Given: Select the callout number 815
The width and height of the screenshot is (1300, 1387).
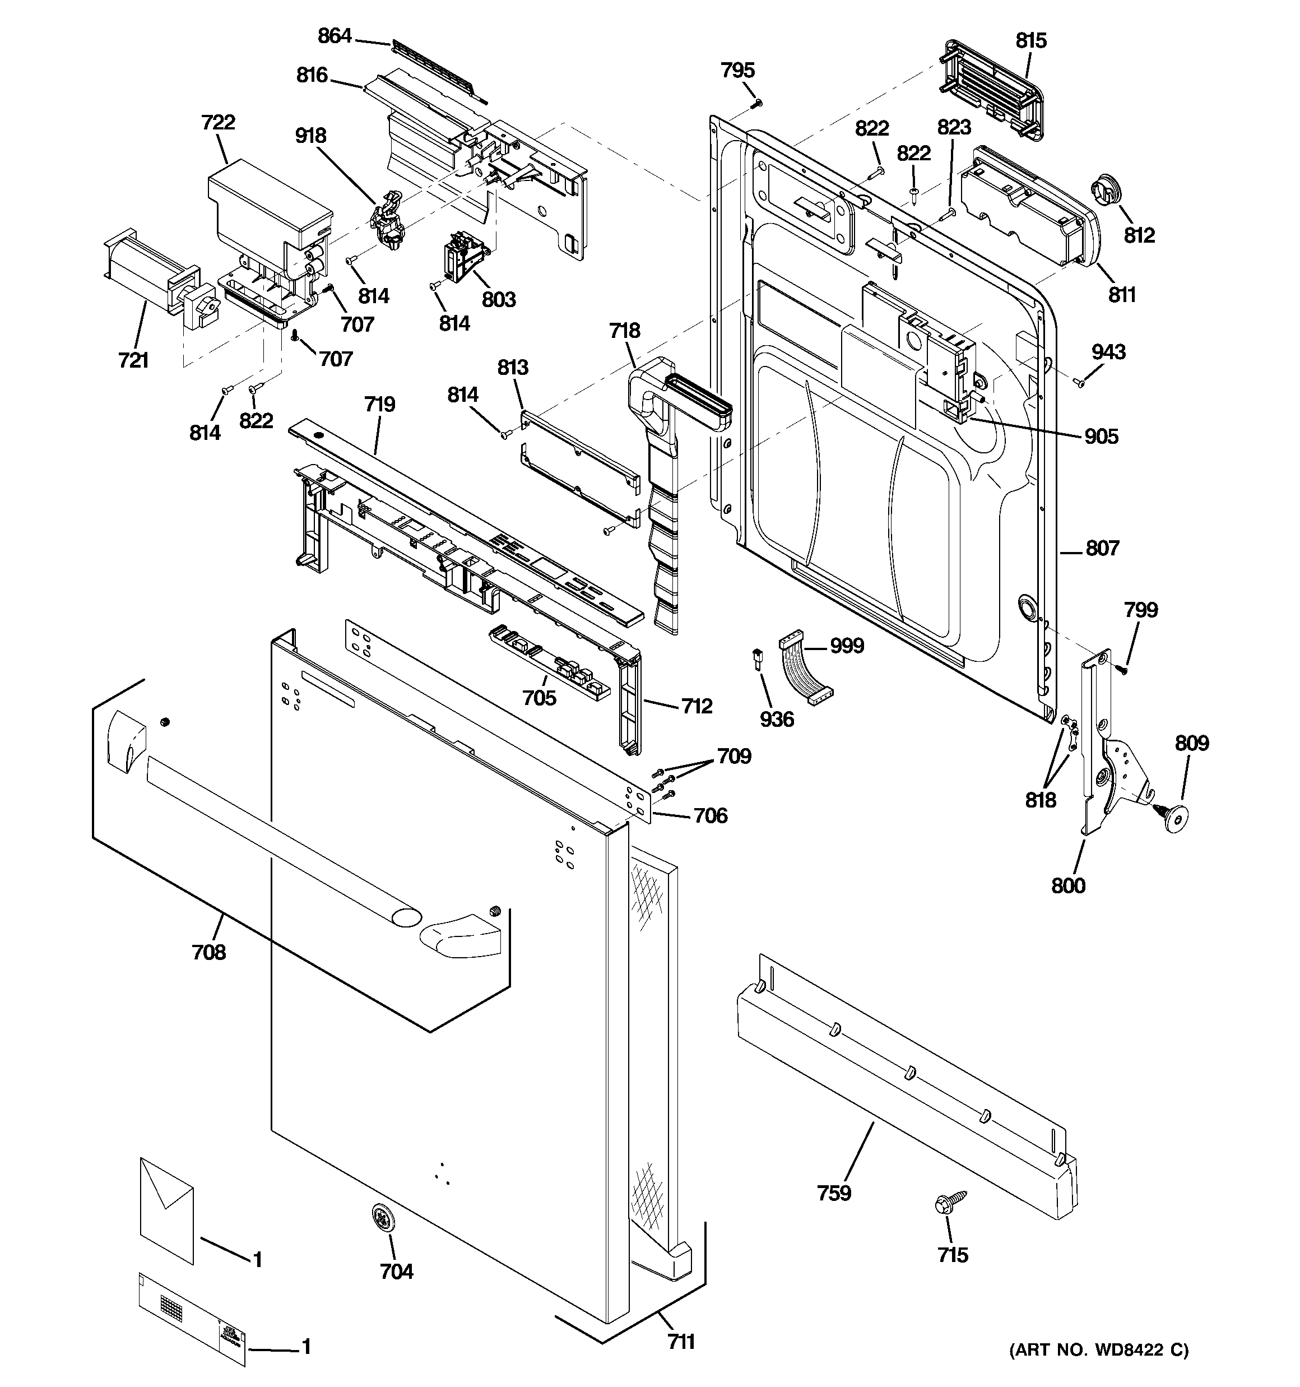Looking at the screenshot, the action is point(1030,40).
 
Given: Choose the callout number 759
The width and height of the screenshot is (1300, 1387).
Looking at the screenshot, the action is point(834,1193).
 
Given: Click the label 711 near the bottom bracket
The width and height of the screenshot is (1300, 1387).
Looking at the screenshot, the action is point(681,1342).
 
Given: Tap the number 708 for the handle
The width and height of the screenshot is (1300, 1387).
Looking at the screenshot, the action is point(208,952).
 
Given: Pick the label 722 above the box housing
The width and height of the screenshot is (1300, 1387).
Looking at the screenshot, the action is point(218,123).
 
